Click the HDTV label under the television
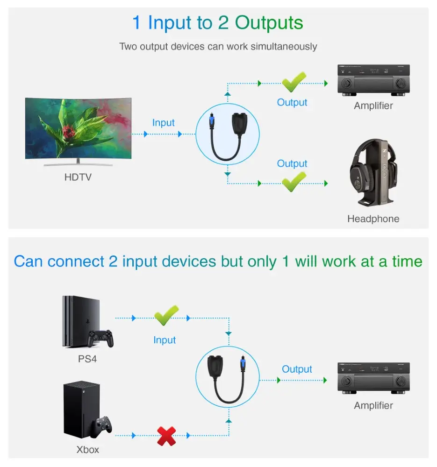click(x=78, y=177)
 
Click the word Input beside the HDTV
click(x=163, y=123)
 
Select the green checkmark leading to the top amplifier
click(x=294, y=82)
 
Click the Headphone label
click(x=373, y=219)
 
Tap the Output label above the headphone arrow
click(x=292, y=164)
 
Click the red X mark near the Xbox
click(x=166, y=435)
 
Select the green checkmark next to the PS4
click(x=166, y=316)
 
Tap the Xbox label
click(x=87, y=450)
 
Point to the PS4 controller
click(x=101, y=338)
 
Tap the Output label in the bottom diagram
click(x=297, y=369)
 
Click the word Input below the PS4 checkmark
click(x=165, y=340)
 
